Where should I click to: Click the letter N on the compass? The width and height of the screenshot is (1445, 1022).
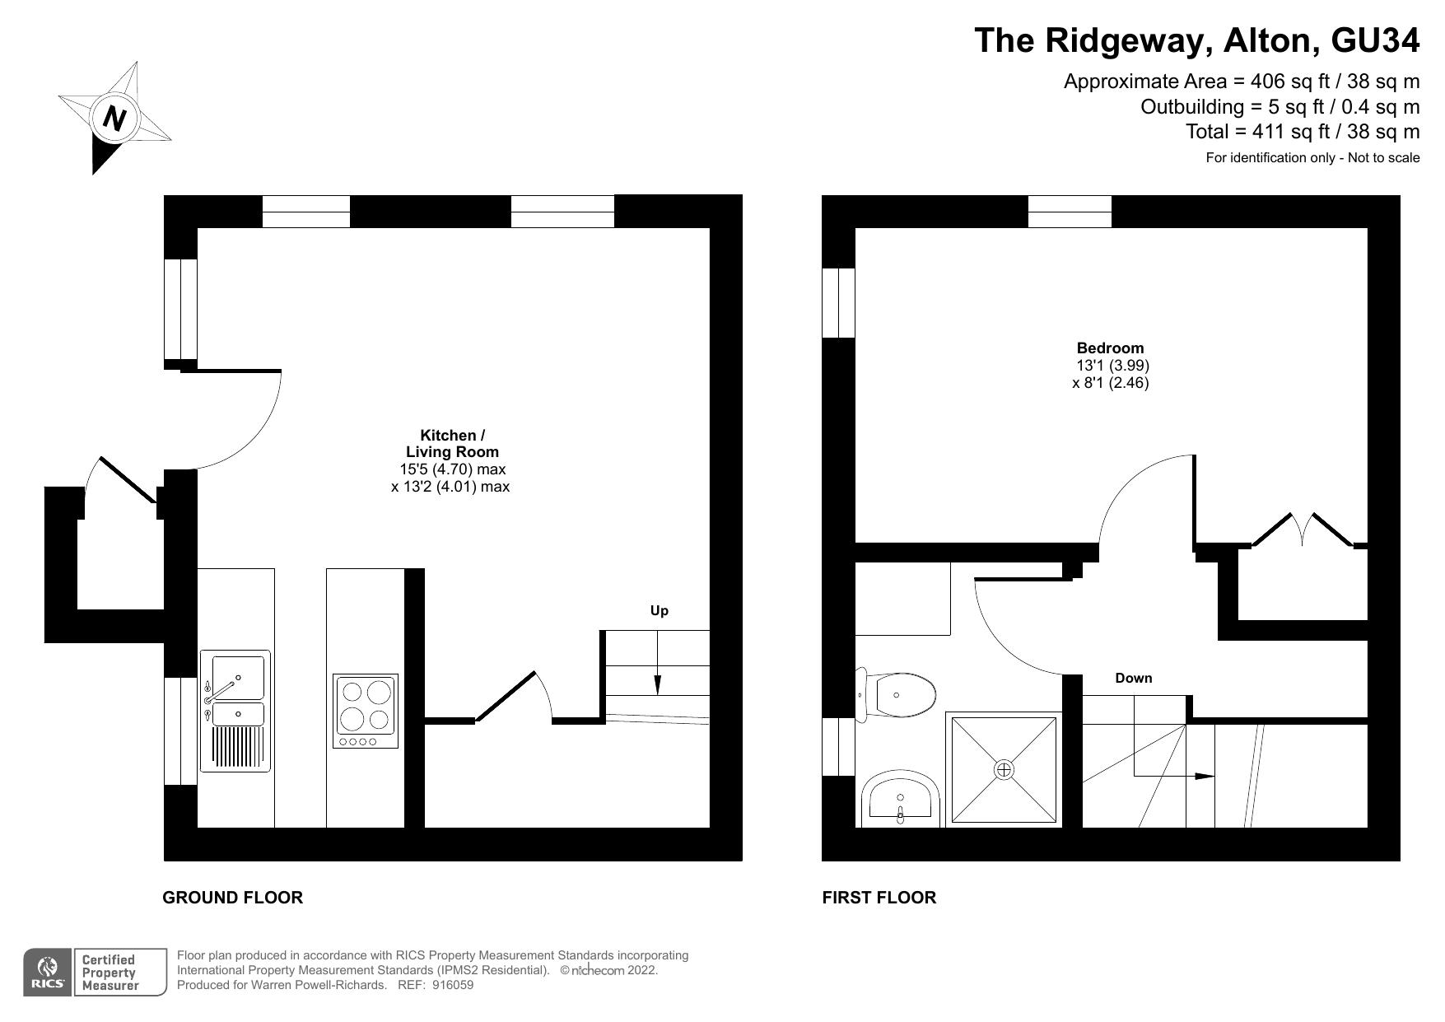point(114,119)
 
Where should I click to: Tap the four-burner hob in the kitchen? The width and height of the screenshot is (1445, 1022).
point(366,711)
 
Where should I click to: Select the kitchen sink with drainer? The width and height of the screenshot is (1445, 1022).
point(235,711)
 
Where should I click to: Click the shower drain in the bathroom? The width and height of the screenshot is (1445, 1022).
point(1004,770)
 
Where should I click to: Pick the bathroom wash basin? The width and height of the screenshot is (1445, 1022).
point(901,799)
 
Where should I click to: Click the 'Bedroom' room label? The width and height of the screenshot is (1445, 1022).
point(1110,348)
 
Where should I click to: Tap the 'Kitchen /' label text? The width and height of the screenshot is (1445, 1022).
point(452,435)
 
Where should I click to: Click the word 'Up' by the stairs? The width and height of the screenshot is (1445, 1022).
point(659,610)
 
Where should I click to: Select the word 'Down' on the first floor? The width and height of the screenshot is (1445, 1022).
point(1133,678)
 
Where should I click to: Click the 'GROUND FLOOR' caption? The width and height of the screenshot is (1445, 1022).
point(232,898)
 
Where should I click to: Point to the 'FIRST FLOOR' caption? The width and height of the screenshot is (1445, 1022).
point(879,898)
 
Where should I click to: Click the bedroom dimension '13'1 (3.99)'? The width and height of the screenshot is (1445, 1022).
point(1112,365)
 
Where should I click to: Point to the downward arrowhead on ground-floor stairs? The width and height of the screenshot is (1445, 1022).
point(657,685)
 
